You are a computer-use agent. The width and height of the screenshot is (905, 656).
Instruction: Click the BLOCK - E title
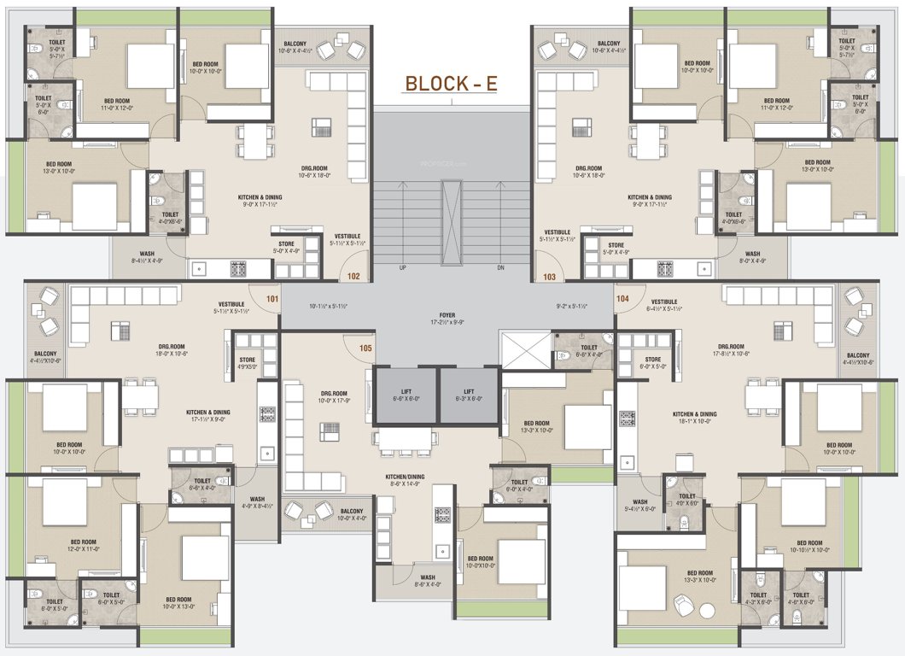450,84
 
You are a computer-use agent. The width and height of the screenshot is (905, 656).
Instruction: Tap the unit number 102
353,276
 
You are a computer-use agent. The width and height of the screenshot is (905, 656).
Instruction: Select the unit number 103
549,276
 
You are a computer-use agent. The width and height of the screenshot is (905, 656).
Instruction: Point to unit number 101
272,299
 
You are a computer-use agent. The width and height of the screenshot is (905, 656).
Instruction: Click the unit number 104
623,299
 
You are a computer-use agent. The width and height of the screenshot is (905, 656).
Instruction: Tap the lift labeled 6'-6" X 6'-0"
406,395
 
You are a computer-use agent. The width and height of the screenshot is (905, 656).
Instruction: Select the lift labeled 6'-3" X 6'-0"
469,395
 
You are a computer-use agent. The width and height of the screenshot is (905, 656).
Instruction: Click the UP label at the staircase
402,267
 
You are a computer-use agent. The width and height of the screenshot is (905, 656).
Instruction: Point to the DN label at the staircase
500,267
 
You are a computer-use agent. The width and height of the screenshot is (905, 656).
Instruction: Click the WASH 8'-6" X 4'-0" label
427,581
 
